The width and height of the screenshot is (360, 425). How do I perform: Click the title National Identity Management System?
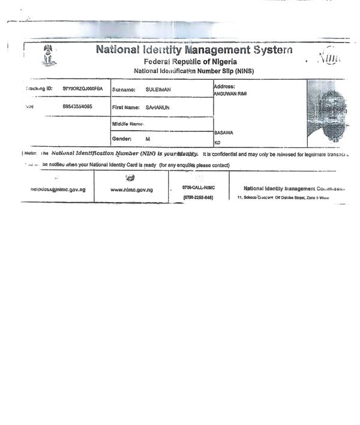(194, 50)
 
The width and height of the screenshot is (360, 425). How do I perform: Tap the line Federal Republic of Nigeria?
(190, 62)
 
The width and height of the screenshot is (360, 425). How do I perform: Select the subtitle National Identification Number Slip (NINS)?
(190, 71)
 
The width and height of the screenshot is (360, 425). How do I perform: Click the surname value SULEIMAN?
(158, 90)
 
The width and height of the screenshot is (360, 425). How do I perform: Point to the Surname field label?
(124, 90)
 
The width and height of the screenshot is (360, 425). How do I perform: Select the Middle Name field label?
(128, 123)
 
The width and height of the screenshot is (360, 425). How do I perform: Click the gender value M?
(148, 138)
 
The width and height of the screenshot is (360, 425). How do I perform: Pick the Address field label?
(224, 86)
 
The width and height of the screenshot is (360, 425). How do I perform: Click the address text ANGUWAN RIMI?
(230, 94)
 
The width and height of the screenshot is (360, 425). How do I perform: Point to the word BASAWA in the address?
(224, 133)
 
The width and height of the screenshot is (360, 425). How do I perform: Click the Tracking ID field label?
(40, 89)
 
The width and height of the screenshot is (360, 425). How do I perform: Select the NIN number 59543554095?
(77, 106)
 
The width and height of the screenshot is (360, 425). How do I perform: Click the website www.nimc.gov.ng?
(131, 189)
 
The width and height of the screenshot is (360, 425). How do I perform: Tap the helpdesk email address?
(58, 189)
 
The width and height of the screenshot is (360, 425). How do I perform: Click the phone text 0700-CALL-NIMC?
(198, 188)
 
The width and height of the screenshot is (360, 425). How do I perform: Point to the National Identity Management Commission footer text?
(294, 188)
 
